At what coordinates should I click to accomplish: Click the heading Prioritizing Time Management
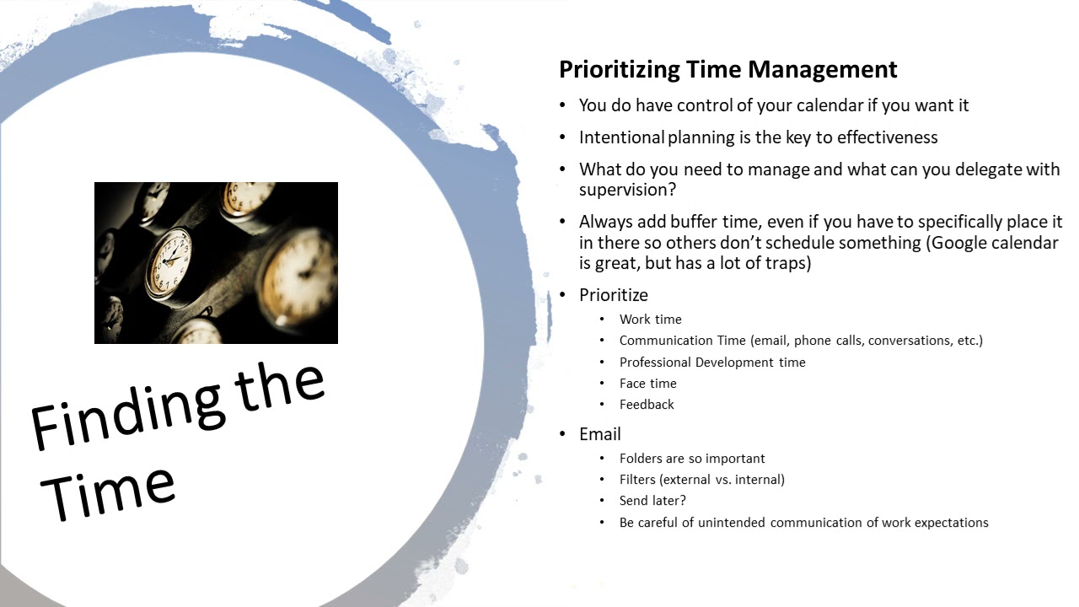tap(727, 69)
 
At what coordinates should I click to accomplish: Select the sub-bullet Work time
tap(650, 320)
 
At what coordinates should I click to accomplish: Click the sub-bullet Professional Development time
tap(712, 363)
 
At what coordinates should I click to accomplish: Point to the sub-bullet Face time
tap(647, 384)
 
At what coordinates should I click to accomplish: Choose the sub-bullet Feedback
tap(647, 405)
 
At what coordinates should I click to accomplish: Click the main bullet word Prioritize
tap(613, 295)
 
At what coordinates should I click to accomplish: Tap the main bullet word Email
tap(599, 434)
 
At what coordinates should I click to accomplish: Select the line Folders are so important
tap(692, 459)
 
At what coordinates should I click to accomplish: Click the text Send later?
tap(652, 501)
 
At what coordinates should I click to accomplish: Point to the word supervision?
tap(627, 190)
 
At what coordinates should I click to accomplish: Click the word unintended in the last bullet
tap(731, 523)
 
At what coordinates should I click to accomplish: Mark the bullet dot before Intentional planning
tap(562, 137)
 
